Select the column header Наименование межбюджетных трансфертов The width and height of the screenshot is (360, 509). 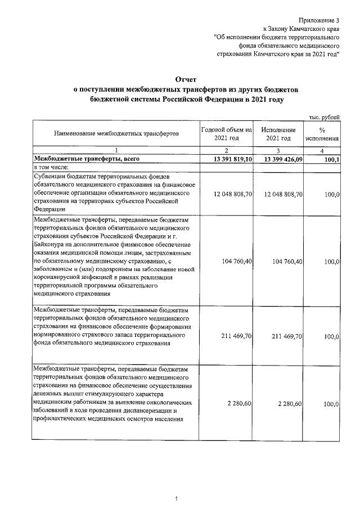click(x=116, y=134)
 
